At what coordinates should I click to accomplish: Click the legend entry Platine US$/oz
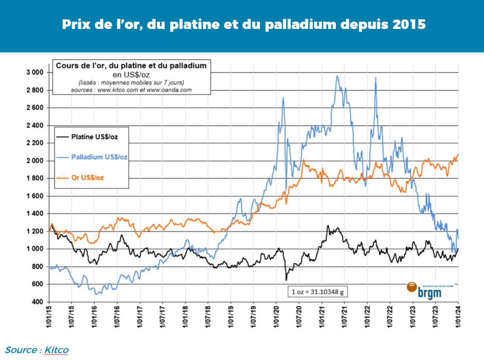pos(94,137)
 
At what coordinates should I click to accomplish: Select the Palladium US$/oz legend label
pos(99,157)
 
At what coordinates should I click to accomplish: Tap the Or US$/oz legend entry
pos(87,178)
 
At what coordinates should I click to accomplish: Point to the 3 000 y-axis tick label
pos(35,72)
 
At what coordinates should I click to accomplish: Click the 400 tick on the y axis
pos(37,302)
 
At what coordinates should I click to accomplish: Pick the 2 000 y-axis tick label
pos(35,160)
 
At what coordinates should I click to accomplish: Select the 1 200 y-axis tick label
pos(35,231)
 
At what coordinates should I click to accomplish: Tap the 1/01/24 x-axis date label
pos(458,317)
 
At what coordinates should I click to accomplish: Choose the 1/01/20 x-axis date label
pos(276,317)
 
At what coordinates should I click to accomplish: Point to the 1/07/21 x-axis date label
pos(344,317)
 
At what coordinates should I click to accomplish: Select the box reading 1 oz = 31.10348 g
pos(317,292)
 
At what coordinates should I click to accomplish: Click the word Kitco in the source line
pos(56,350)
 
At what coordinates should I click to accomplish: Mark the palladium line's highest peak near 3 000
pos(337,76)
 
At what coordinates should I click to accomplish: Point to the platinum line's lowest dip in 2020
pos(286,280)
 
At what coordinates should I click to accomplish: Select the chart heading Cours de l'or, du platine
pos(131,66)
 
